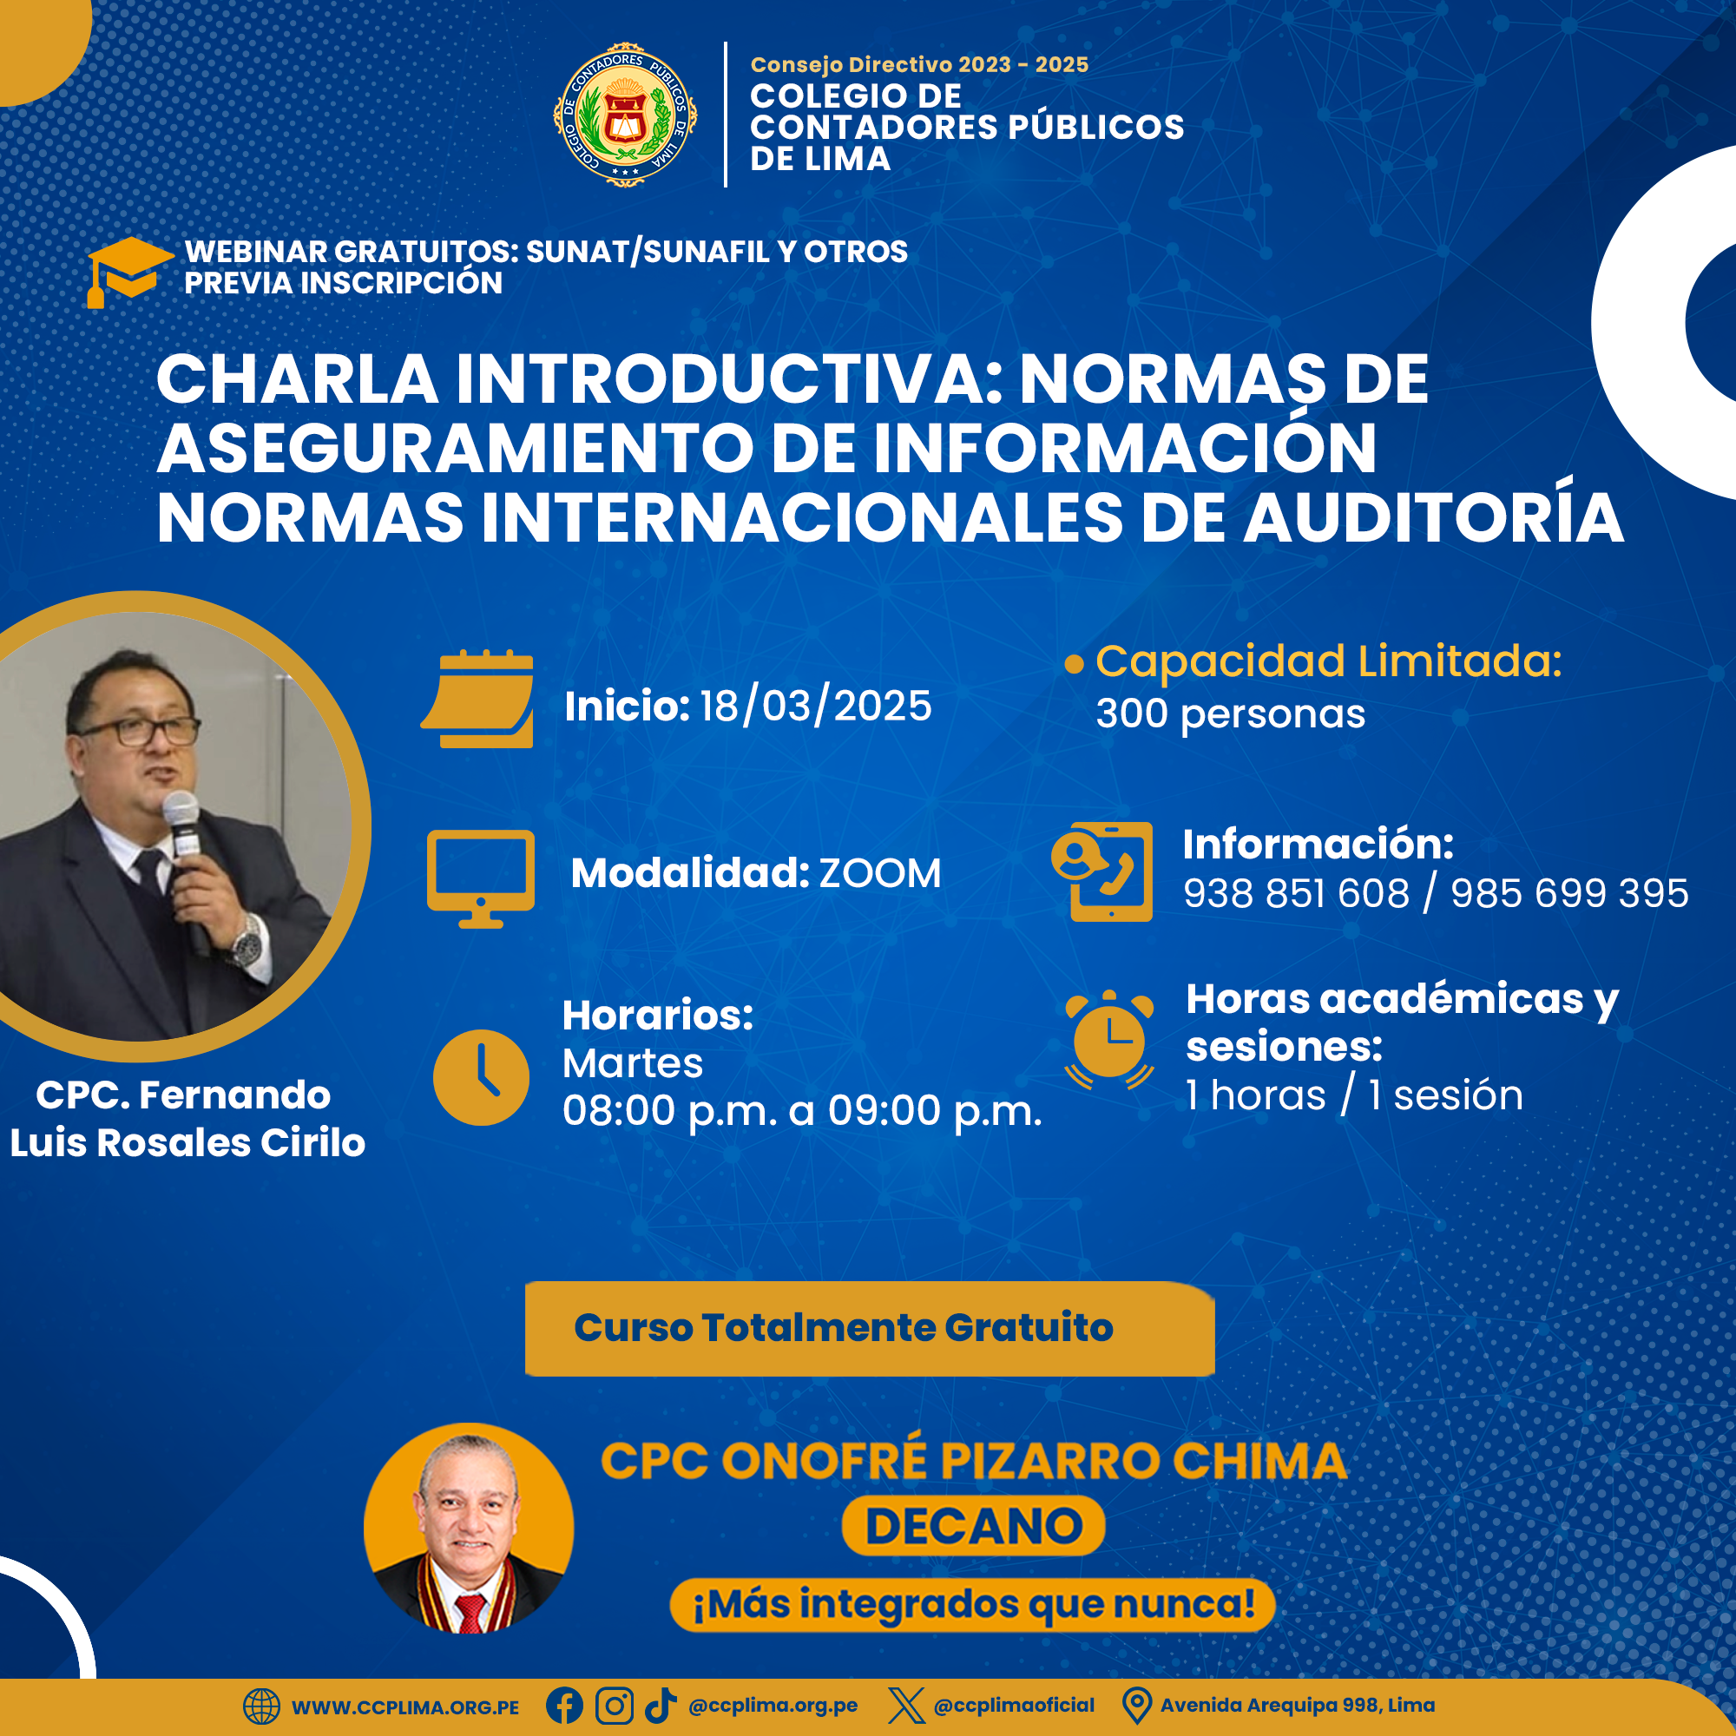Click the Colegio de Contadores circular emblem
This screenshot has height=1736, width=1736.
[x=625, y=114]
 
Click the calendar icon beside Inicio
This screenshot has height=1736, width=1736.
[x=477, y=698]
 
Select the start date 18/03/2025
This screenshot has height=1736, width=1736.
[x=815, y=706]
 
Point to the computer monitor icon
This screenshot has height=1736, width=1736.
[x=481, y=878]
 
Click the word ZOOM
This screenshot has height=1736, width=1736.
[x=879, y=873]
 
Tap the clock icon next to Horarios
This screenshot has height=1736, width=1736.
[x=481, y=1077]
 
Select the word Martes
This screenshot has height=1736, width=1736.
[x=633, y=1064]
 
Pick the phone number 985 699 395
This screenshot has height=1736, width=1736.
[x=1568, y=893]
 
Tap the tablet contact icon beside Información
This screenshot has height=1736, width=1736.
[x=1102, y=871]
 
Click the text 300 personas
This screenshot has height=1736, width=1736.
[x=1230, y=714]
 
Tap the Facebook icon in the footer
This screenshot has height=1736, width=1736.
[x=564, y=1706]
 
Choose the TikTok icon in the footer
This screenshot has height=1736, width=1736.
[x=661, y=1706]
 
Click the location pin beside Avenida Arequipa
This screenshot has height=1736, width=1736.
[x=1137, y=1706]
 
